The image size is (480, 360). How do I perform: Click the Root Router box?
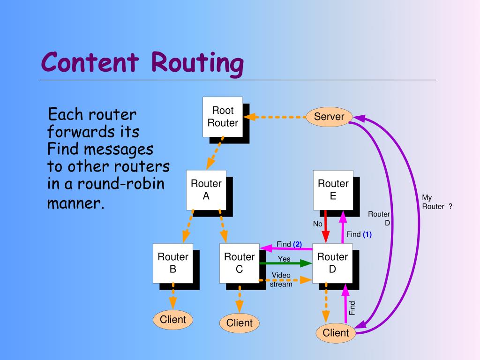click(x=223, y=117)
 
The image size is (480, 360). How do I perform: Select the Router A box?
click(x=206, y=190)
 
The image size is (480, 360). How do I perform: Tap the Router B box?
click(x=172, y=263)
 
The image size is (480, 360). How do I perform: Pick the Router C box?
click(x=239, y=263)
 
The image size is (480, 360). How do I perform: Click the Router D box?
click(x=332, y=263)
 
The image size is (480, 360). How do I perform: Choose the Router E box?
click(x=333, y=190)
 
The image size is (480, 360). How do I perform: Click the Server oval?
click(x=329, y=117)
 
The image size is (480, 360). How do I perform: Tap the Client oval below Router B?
click(x=173, y=320)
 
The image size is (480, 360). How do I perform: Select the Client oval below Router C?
click(x=239, y=323)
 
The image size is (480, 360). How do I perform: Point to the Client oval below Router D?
click(x=336, y=333)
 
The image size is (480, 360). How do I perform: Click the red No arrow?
click(x=325, y=227)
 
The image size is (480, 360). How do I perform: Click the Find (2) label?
click(x=289, y=244)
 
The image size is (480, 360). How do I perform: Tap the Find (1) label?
click(x=359, y=234)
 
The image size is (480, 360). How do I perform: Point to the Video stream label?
click(x=281, y=279)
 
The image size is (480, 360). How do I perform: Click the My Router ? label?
click(x=436, y=202)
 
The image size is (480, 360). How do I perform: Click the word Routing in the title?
click(x=197, y=63)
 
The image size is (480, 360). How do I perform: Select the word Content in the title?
click(x=90, y=63)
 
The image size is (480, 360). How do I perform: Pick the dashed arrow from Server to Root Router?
click(x=277, y=117)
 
